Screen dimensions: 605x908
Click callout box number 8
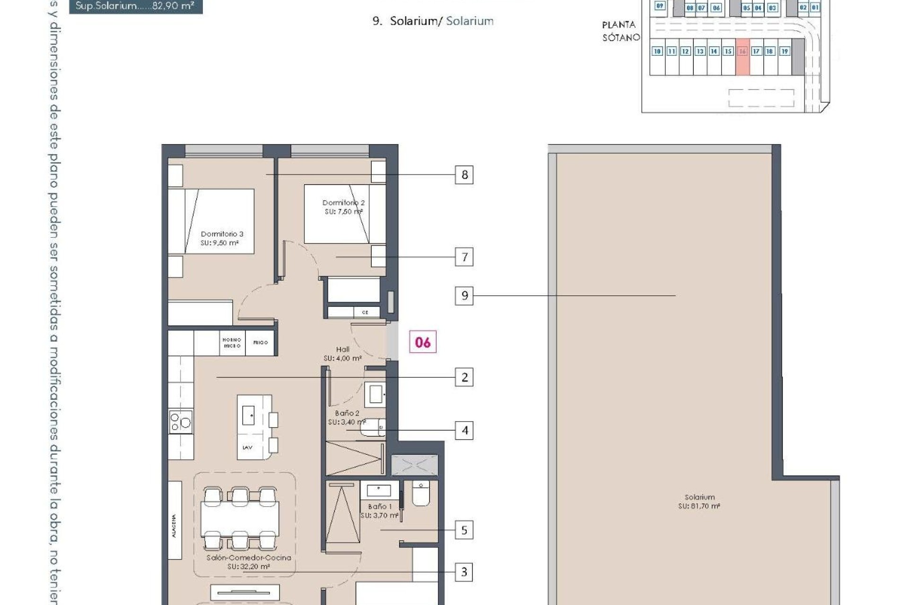464,175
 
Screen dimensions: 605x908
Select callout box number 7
464,257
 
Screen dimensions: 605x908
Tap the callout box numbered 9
464,296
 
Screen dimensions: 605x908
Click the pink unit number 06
423,342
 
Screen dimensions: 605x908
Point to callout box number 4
464,431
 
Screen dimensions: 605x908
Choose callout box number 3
464,572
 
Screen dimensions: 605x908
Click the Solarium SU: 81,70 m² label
699,501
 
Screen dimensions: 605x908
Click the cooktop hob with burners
181,421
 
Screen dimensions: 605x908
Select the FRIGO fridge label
261,342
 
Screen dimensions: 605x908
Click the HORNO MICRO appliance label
232,343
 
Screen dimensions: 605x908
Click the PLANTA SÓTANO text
620,31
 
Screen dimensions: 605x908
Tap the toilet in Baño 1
420,493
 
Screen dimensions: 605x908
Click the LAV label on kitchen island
247,447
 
